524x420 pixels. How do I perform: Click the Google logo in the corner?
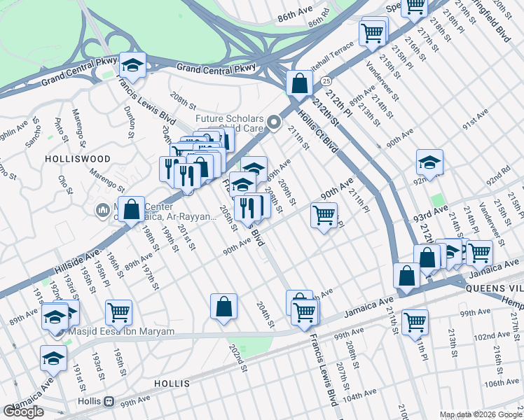pos(23,412)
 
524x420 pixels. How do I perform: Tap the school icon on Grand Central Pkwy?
pos(132,66)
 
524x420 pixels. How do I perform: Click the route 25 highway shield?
pos(326,82)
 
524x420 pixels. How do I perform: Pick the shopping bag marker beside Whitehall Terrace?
pos(299,83)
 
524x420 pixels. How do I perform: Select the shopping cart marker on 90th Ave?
pos(324,216)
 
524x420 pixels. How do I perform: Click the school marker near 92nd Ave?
pos(429,163)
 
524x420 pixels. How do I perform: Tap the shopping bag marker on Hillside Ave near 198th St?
pos(131,209)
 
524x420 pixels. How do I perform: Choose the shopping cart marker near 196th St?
pos(118,312)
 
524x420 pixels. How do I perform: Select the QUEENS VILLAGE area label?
pos(495,286)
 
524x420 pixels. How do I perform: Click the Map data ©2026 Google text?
pos(481,414)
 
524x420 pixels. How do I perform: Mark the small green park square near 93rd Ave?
pos(438,201)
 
